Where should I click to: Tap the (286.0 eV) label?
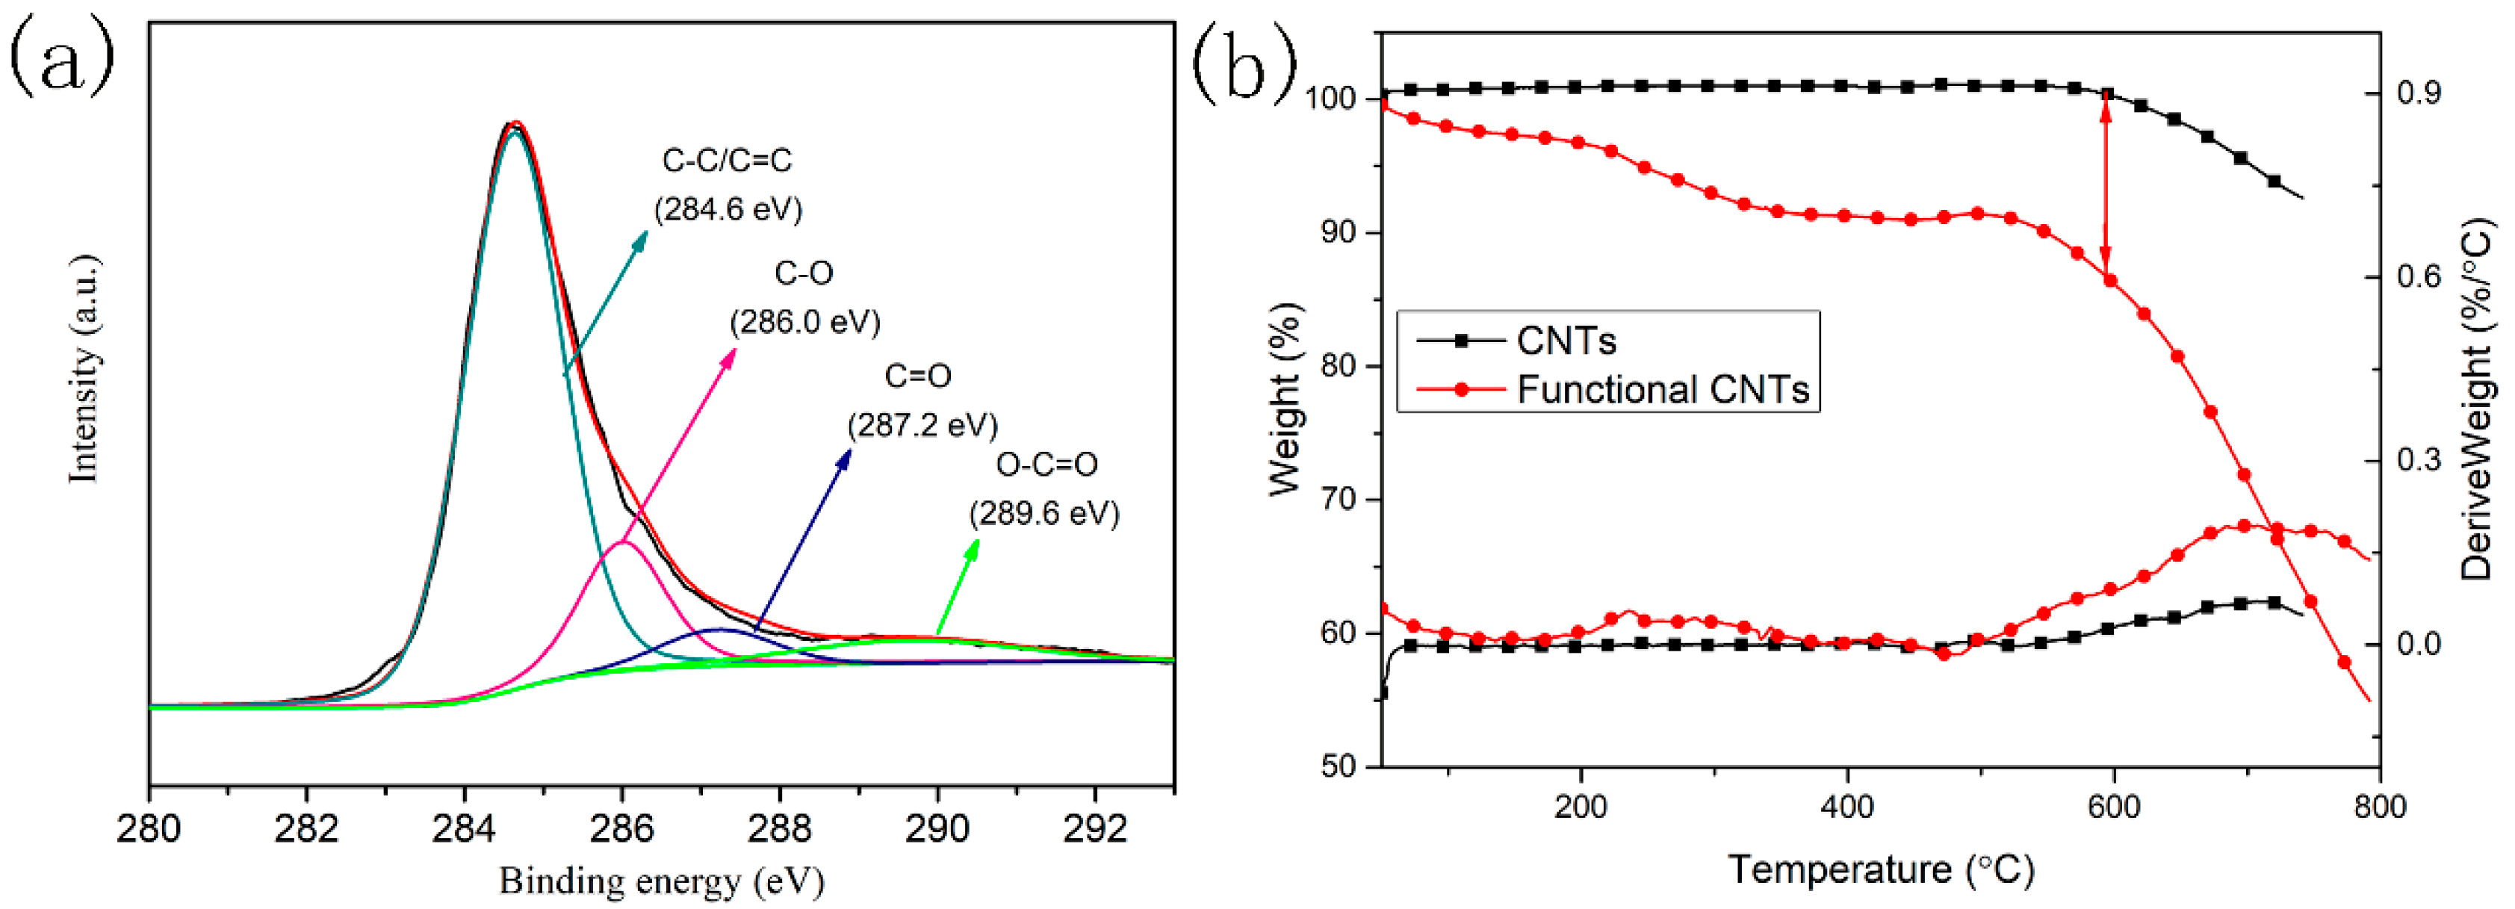(805, 322)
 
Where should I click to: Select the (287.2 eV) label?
(922, 426)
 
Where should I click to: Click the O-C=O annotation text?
(1046, 465)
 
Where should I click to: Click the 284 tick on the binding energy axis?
(465, 829)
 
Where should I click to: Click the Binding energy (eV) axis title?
(661, 881)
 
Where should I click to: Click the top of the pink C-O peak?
(624, 542)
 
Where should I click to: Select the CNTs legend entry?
(1565, 341)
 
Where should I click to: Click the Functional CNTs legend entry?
(1663, 390)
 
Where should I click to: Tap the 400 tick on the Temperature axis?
(1847, 807)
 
